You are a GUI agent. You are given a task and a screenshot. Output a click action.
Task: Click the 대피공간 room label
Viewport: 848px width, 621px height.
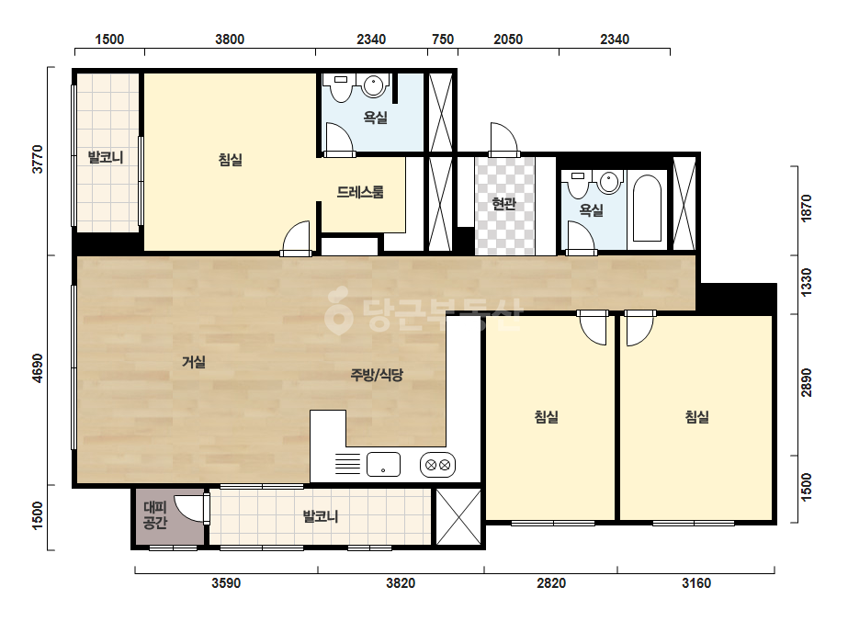pyautogui.click(x=155, y=515)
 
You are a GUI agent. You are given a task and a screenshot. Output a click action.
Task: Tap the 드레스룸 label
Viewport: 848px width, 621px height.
pyautogui.click(x=360, y=192)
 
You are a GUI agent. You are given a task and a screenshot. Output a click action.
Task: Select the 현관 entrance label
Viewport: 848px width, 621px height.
pyautogui.click(x=504, y=203)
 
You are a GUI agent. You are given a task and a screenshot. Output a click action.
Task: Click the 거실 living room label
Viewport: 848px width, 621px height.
pyautogui.click(x=194, y=361)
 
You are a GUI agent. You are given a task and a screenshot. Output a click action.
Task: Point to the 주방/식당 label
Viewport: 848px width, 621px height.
pyautogui.click(x=377, y=374)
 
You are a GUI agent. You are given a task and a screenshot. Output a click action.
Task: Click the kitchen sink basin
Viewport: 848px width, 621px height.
pyautogui.click(x=383, y=464)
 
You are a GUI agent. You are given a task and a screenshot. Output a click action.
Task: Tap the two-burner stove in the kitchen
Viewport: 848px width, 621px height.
pyautogui.click(x=437, y=465)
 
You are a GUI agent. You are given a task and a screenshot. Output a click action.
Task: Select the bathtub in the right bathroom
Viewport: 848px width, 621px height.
pyautogui.click(x=647, y=208)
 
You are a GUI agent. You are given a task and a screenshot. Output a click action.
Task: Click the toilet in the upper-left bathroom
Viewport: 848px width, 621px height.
pyautogui.click(x=341, y=87)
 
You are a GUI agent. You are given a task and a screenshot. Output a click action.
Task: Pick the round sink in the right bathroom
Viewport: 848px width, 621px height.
pyautogui.click(x=609, y=182)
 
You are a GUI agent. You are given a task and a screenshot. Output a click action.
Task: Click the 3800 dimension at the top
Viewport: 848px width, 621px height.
pyautogui.click(x=230, y=40)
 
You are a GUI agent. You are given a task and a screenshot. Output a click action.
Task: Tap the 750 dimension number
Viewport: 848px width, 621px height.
pyautogui.click(x=443, y=40)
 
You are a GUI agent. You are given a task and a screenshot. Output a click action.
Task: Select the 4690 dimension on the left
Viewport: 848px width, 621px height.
pyautogui.click(x=38, y=367)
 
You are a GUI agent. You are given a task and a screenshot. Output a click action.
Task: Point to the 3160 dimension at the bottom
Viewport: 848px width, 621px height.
pyautogui.click(x=696, y=583)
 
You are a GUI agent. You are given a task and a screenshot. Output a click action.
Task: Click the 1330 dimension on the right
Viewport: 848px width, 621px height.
pyautogui.click(x=807, y=282)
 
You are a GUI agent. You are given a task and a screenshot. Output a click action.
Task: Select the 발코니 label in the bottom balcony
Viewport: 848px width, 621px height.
pyautogui.click(x=321, y=516)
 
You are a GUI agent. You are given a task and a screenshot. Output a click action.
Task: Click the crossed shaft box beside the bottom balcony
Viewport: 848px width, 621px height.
pyautogui.click(x=458, y=516)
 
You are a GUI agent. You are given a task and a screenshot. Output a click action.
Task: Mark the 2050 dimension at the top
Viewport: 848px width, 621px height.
pyautogui.click(x=508, y=40)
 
